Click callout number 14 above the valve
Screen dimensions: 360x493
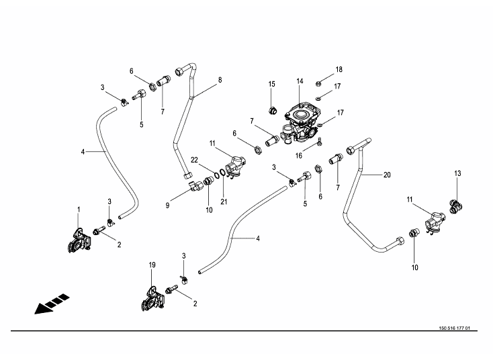300,81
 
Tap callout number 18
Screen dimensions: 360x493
339,69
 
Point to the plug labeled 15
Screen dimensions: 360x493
272,109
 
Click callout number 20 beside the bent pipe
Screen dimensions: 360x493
386,175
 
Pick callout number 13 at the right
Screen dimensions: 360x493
457,174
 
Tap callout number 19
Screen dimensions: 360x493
152,265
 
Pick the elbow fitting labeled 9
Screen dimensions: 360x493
194,186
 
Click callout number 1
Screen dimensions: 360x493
78,210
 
